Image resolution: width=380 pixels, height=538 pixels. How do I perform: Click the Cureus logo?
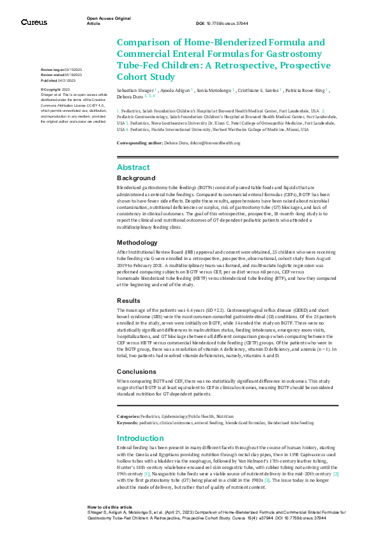[x=34, y=22]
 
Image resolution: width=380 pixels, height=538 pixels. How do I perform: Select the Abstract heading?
[x=133, y=167]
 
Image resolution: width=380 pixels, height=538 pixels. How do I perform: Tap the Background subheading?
[x=136, y=178]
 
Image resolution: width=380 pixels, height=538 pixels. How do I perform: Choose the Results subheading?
[x=128, y=300]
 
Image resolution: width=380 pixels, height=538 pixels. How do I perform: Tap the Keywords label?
[x=127, y=422]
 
